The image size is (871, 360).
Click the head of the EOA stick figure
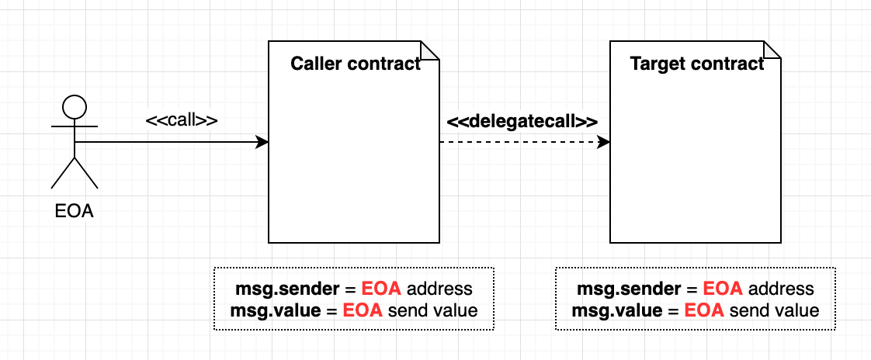click(75, 106)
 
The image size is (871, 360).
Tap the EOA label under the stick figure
click(75, 210)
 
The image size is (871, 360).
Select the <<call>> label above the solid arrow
click(182, 121)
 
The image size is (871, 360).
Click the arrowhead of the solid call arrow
click(262, 142)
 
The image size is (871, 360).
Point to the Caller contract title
click(355, 64)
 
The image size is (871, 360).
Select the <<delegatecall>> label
click(522, 122)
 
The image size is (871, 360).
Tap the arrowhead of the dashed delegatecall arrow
click(604, 142)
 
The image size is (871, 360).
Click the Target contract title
click(696, 64)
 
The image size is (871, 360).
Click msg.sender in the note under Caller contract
click(287, 289)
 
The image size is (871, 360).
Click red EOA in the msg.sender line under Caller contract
click(382, 289)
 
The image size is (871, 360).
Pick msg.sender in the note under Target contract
click(629, 289)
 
